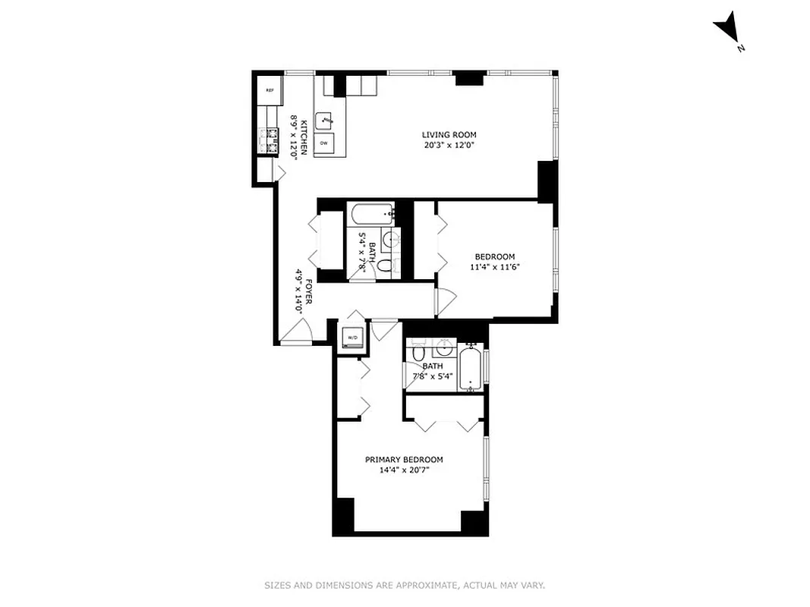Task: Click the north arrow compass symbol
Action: [x=726, y=27]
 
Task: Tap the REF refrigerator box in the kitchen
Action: [x=269, y=90]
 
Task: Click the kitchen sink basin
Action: [x=326, y=120]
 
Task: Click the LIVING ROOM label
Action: [x=449, y=134]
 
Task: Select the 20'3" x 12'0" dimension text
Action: [x=449, y=145]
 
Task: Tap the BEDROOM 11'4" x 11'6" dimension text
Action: [x=495, y=266]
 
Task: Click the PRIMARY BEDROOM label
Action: [x=404, y=460]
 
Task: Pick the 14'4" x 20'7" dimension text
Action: [x=404, y=470]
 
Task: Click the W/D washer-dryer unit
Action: [x=352, y=338]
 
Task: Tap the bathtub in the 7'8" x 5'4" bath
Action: [x=471, y=367]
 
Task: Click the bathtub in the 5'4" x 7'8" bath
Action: [x=370, y=213]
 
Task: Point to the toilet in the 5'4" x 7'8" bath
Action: [x=385, y=266]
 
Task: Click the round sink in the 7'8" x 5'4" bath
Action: [x=444, y=351]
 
